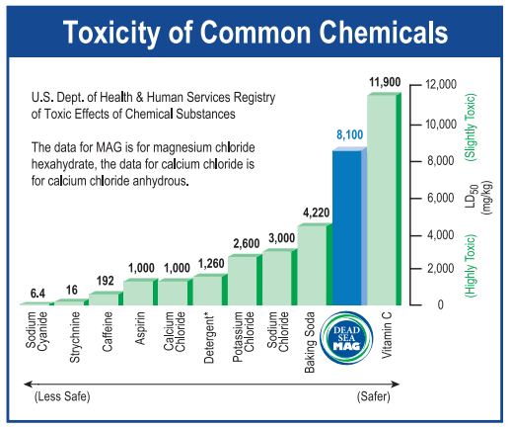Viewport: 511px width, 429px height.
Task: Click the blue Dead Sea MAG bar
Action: [349, 226]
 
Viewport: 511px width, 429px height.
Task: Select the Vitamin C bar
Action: [384, 199]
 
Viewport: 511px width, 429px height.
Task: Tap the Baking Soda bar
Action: [315, 264]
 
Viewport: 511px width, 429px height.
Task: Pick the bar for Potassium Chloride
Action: [245, 280]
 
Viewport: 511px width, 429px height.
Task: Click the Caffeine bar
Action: [107, 299]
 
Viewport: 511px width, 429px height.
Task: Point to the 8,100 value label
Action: [349, 134]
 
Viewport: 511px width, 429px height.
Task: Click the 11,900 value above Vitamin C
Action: [385, 82]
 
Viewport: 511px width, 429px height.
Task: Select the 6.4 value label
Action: [37, 294]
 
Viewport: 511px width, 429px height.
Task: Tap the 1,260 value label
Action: [211, 264]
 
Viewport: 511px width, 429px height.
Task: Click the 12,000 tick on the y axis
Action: [441, 84]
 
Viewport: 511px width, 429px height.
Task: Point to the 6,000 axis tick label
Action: [441, 198]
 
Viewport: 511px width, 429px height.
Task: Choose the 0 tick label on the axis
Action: [441, 304]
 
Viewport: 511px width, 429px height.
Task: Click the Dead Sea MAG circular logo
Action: [346, 338]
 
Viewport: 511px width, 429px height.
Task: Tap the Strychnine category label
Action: [75, 337]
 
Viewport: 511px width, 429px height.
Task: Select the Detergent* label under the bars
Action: [209, 339]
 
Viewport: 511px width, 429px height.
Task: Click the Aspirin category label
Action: [140, 328]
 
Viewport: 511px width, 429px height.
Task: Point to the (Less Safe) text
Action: [62, 396]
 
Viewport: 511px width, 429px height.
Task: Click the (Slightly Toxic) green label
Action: [471, 128]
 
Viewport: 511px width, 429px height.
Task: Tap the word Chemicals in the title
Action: [384, 32]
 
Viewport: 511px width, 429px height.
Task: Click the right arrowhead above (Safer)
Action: [396, 385]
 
